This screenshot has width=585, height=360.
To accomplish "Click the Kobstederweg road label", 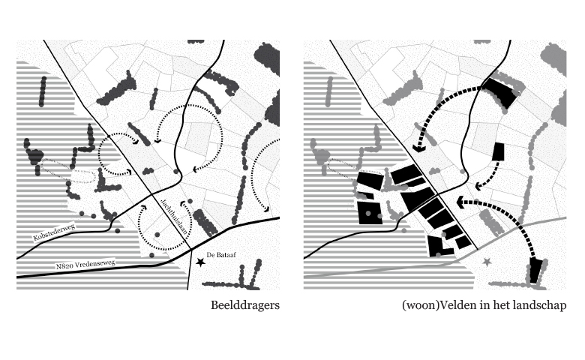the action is (55, 232).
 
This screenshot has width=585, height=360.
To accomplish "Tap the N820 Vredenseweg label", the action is (85, 264).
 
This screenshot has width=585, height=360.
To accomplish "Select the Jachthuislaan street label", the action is (173, 217).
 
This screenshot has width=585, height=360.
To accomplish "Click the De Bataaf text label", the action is (221, 255).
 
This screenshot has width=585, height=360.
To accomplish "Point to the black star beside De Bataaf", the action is (201, 262).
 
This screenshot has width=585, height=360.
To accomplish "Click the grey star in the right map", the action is (487, 262).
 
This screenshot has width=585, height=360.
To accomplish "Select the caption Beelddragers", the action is (245, 305).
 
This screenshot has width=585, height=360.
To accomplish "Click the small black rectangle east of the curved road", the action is (498, 151).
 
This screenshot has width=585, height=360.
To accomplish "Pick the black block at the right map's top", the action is (501, 91).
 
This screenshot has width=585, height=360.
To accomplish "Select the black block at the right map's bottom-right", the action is (535, 270).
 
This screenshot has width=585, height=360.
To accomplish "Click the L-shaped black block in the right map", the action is (439, 246).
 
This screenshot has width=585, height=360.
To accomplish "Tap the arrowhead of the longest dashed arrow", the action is (460, 202).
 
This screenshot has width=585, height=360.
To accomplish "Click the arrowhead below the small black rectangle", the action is (478, 186).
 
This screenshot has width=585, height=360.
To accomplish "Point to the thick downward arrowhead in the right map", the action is (419, 148).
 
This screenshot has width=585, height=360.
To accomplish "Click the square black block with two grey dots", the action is (370, 213).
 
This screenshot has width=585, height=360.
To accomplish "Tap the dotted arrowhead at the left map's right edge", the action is (266, 209).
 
